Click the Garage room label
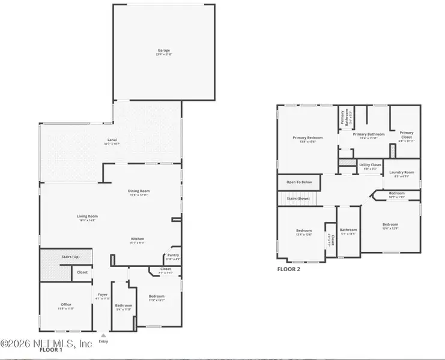click(164, 50)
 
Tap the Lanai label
click(109, 140)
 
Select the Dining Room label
click(138, 191)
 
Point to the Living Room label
click(87, 216)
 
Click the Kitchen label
click(138, 239)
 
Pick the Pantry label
click(172, 255)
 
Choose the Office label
click(66, 304)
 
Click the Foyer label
click(103, 295)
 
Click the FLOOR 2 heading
click(288, 269)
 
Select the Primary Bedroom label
click(307, 137)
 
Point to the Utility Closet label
click(370, 164)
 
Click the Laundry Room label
click(401, 172)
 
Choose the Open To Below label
click(298, 182)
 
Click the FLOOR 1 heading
click(50, 349)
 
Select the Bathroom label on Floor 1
click(124, 305)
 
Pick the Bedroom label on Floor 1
click(156, 296)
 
